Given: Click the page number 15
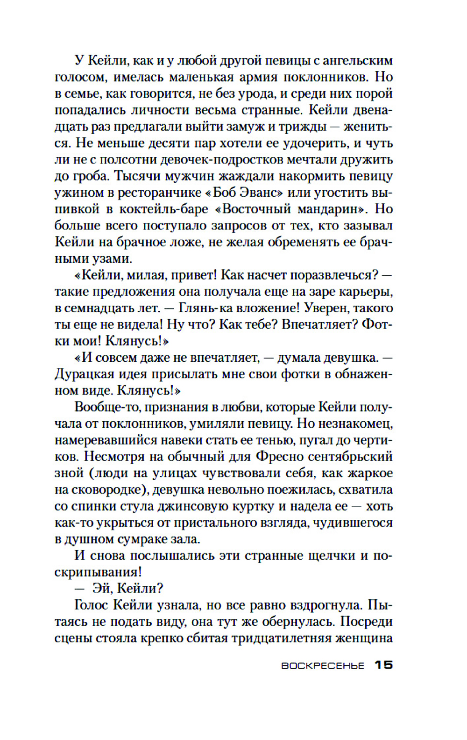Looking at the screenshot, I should coord(383,665).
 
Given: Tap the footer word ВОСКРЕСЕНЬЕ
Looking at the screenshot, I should coord(323,666).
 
